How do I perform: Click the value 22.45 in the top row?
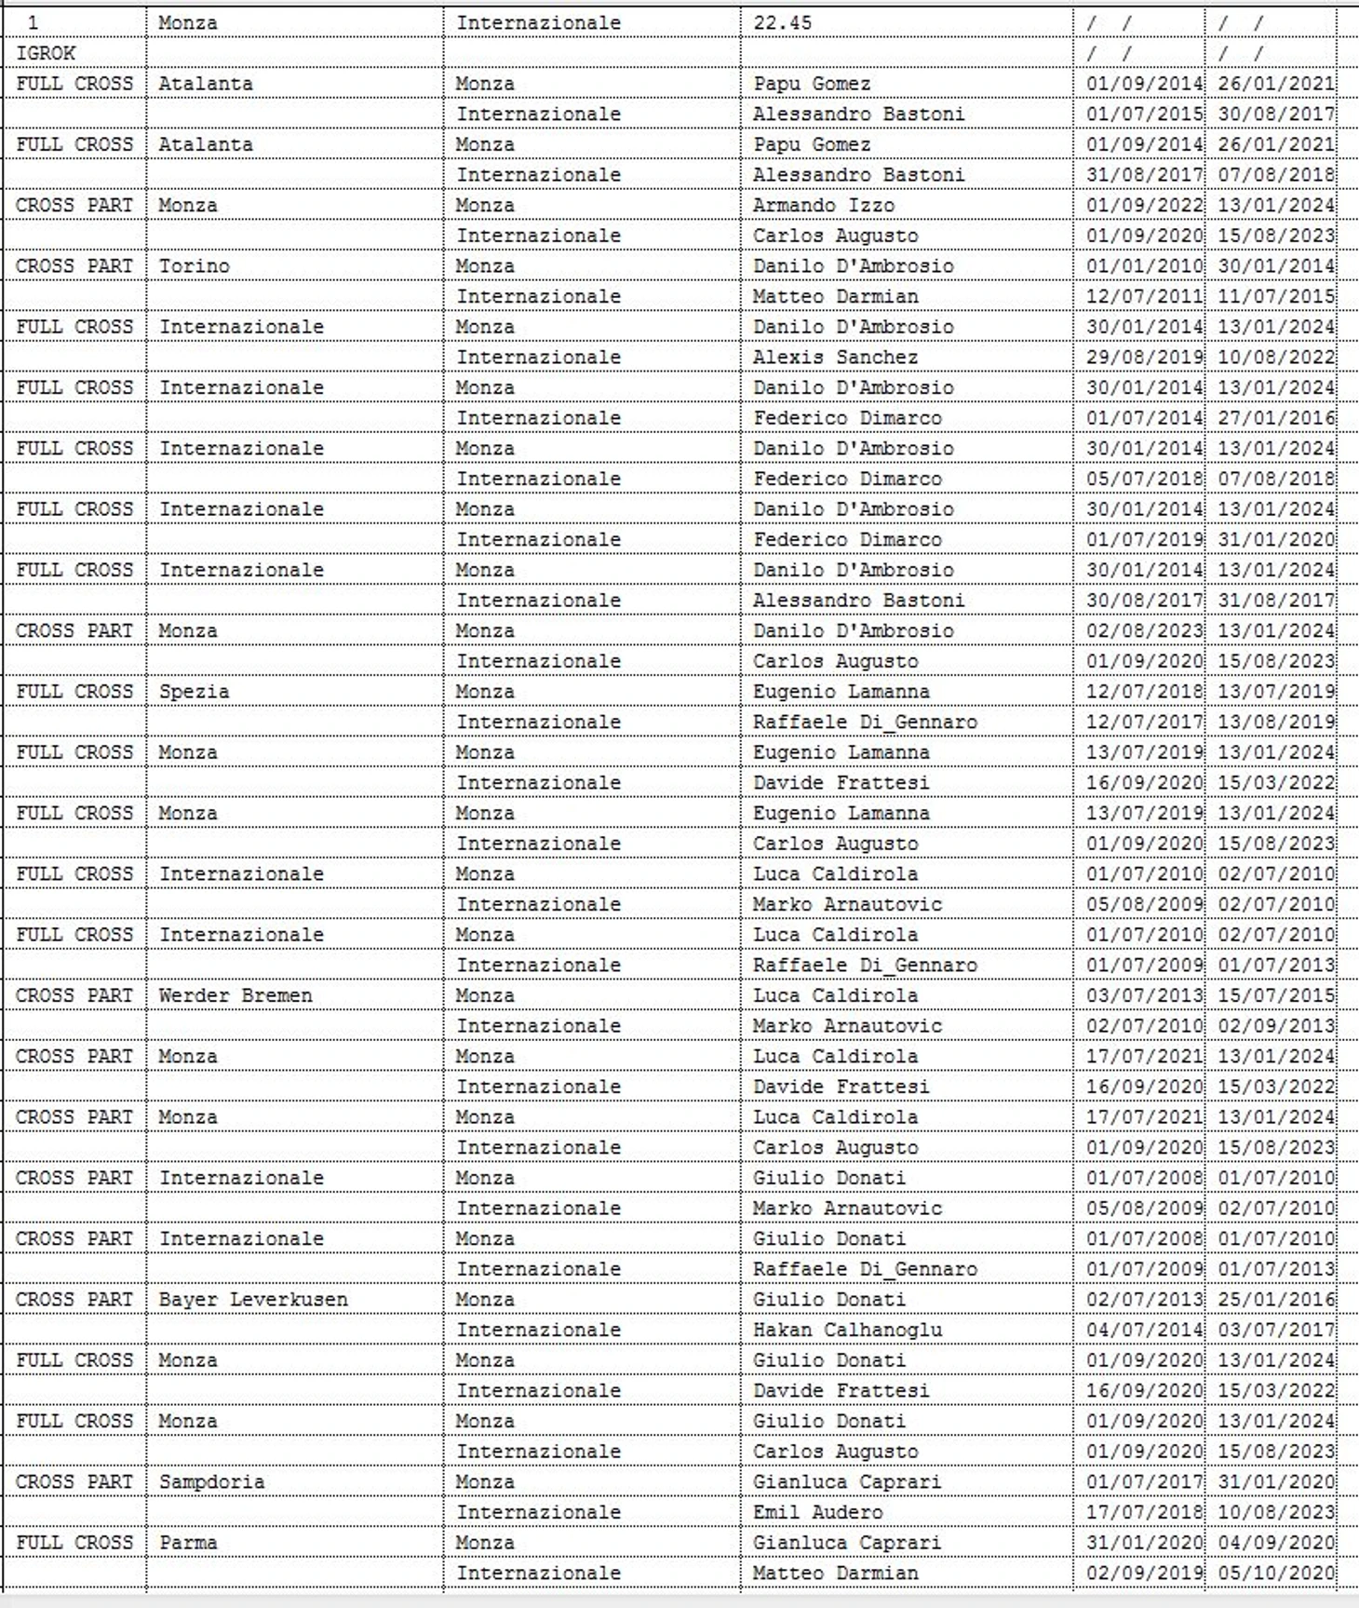coord(782,23)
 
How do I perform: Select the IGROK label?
coord(46,54)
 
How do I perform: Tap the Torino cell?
coord(194,266)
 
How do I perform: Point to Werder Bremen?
coord(235,995)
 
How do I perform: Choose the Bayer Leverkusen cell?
coord(253,1300)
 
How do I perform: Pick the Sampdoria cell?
coord(211,1481)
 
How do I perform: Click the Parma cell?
coord(188,1543)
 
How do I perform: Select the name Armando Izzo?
coord(823,206)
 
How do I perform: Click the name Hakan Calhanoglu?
coord(847,1330)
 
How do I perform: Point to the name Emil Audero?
coord(817,1512)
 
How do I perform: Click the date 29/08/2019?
coord(1144,358)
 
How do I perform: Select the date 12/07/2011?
coord(1144,297)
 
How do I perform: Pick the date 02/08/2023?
coord(1144,631)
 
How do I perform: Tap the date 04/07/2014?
coord(1144,1330)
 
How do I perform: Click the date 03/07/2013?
coord(1144,995)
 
